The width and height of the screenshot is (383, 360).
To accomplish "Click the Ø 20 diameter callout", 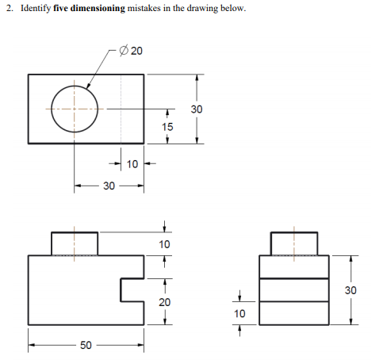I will pos(131,52).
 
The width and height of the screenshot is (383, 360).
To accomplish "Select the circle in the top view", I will pos(75,108).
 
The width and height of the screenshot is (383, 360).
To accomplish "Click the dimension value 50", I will pos(86,345).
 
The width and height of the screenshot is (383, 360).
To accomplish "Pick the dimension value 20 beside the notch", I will pos(164,302).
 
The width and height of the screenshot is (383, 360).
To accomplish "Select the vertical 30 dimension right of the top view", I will pos(197,108).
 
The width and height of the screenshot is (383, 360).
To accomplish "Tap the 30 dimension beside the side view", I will pos(350,290).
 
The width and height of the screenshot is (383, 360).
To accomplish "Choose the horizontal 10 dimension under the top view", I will pos(132,164).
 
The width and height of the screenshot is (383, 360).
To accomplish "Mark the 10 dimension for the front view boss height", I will pos(164,243).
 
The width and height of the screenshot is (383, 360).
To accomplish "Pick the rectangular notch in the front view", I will pos(132,289).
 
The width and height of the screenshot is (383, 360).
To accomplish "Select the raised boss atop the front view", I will pos(75,243).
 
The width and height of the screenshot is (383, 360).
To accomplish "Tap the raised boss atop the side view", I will pos(294,243).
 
